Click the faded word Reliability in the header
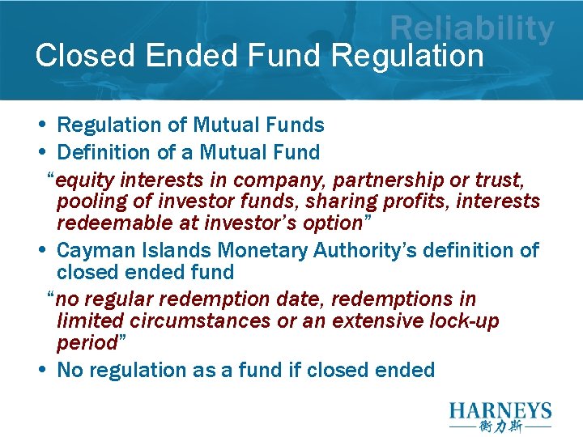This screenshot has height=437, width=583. [x=472, y=29]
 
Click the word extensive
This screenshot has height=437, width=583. [x=369, y=321]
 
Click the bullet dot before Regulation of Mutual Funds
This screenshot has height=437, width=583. [x=41, y=125]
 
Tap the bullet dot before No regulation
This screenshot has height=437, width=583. [x=41, y=370]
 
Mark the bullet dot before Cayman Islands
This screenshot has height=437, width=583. [x=41, y=250]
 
